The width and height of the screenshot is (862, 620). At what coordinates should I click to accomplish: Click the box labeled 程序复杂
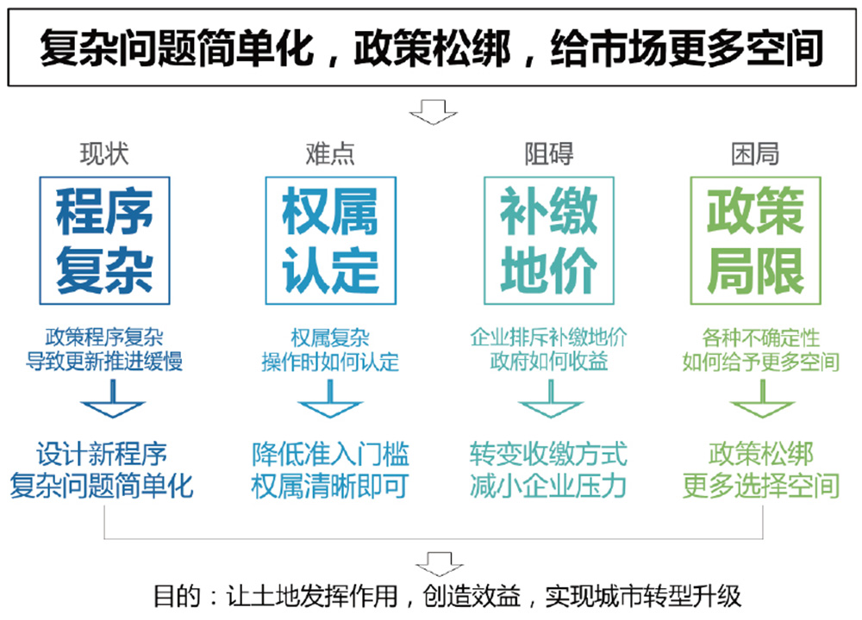point(104,240)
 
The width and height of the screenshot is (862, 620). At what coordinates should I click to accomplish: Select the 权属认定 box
point(330,240)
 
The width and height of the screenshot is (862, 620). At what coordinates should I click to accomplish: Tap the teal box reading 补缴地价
point(548,240)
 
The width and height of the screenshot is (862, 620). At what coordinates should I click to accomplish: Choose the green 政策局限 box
point(755,240)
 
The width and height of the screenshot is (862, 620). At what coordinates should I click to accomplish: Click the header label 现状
point(104,154)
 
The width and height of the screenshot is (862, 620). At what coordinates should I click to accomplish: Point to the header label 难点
point(330,154)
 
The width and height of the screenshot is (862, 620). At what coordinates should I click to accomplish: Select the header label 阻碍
point(549,154)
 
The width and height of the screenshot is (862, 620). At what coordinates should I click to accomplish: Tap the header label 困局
point(755,154)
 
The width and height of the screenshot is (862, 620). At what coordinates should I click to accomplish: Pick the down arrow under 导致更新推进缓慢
point(104,399)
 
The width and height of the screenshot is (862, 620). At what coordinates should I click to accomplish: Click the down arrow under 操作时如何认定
point(330,399)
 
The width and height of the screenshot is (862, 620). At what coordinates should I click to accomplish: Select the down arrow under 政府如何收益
point(549,399)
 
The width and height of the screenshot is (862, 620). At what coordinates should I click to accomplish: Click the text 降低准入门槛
point(330,454)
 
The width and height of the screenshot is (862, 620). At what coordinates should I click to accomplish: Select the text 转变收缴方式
point(548,454)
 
